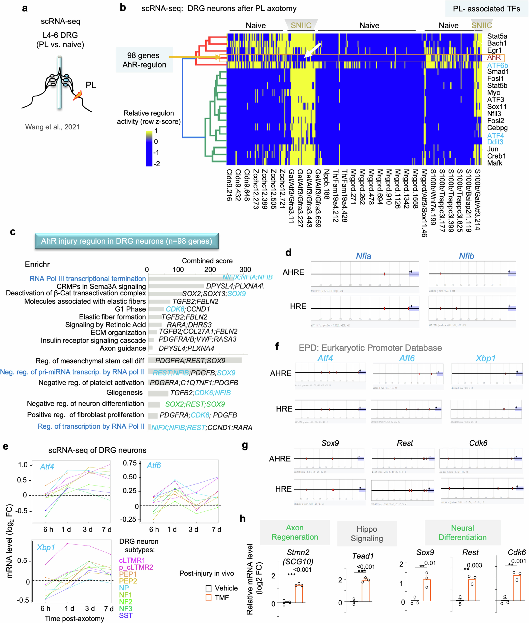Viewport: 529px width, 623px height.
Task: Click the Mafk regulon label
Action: point(495,163)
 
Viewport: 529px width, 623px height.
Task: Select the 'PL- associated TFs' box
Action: point(486,9)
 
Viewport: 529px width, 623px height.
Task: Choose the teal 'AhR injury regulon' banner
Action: point(127,241)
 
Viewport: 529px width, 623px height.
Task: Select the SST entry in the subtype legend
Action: point(126,615)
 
